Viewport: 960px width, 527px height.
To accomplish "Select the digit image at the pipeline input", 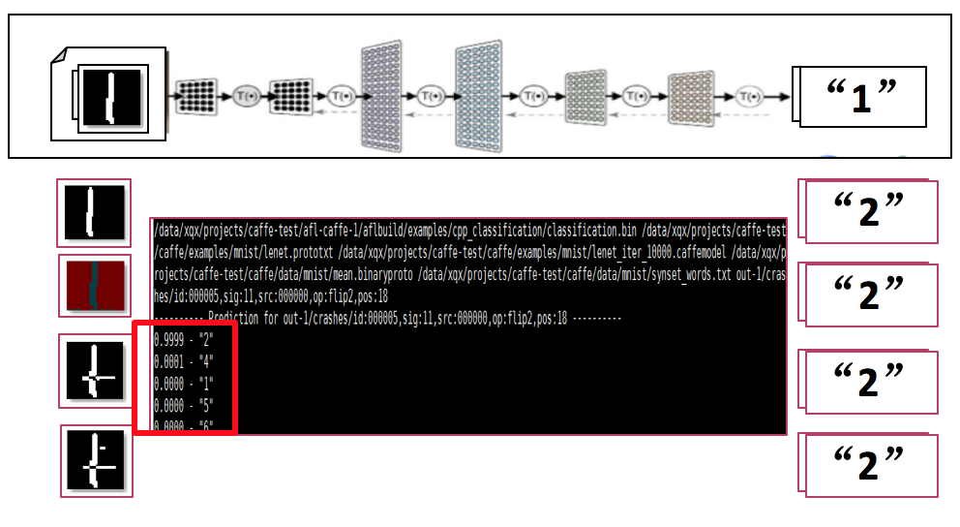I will tap(112, 96).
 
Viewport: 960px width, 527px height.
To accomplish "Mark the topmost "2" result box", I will tap(868, 211).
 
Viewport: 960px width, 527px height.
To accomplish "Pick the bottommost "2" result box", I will tap(868, 465).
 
